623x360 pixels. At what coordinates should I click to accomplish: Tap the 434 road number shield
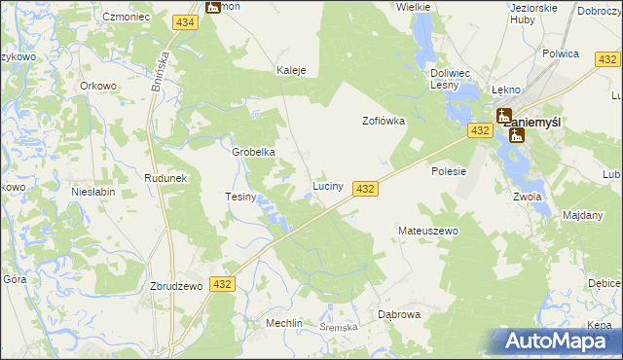pos(185,21)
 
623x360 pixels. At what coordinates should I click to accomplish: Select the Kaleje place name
pos(291,70)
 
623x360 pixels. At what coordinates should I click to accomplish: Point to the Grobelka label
pos(253,152)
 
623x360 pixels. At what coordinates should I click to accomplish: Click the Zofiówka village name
pos(384,122)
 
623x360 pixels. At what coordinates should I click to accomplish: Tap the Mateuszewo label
pos(427,231)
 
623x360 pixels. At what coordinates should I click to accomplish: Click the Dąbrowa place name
pos(398,314)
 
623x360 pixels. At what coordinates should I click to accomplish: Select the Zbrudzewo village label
pos(175,286)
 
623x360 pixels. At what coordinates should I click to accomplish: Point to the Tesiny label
pos(240,198)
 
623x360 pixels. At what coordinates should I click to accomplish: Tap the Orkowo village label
pos(98,85)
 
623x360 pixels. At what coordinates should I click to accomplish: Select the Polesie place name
pos(449,170)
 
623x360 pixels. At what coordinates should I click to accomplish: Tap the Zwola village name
pos(527,196)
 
